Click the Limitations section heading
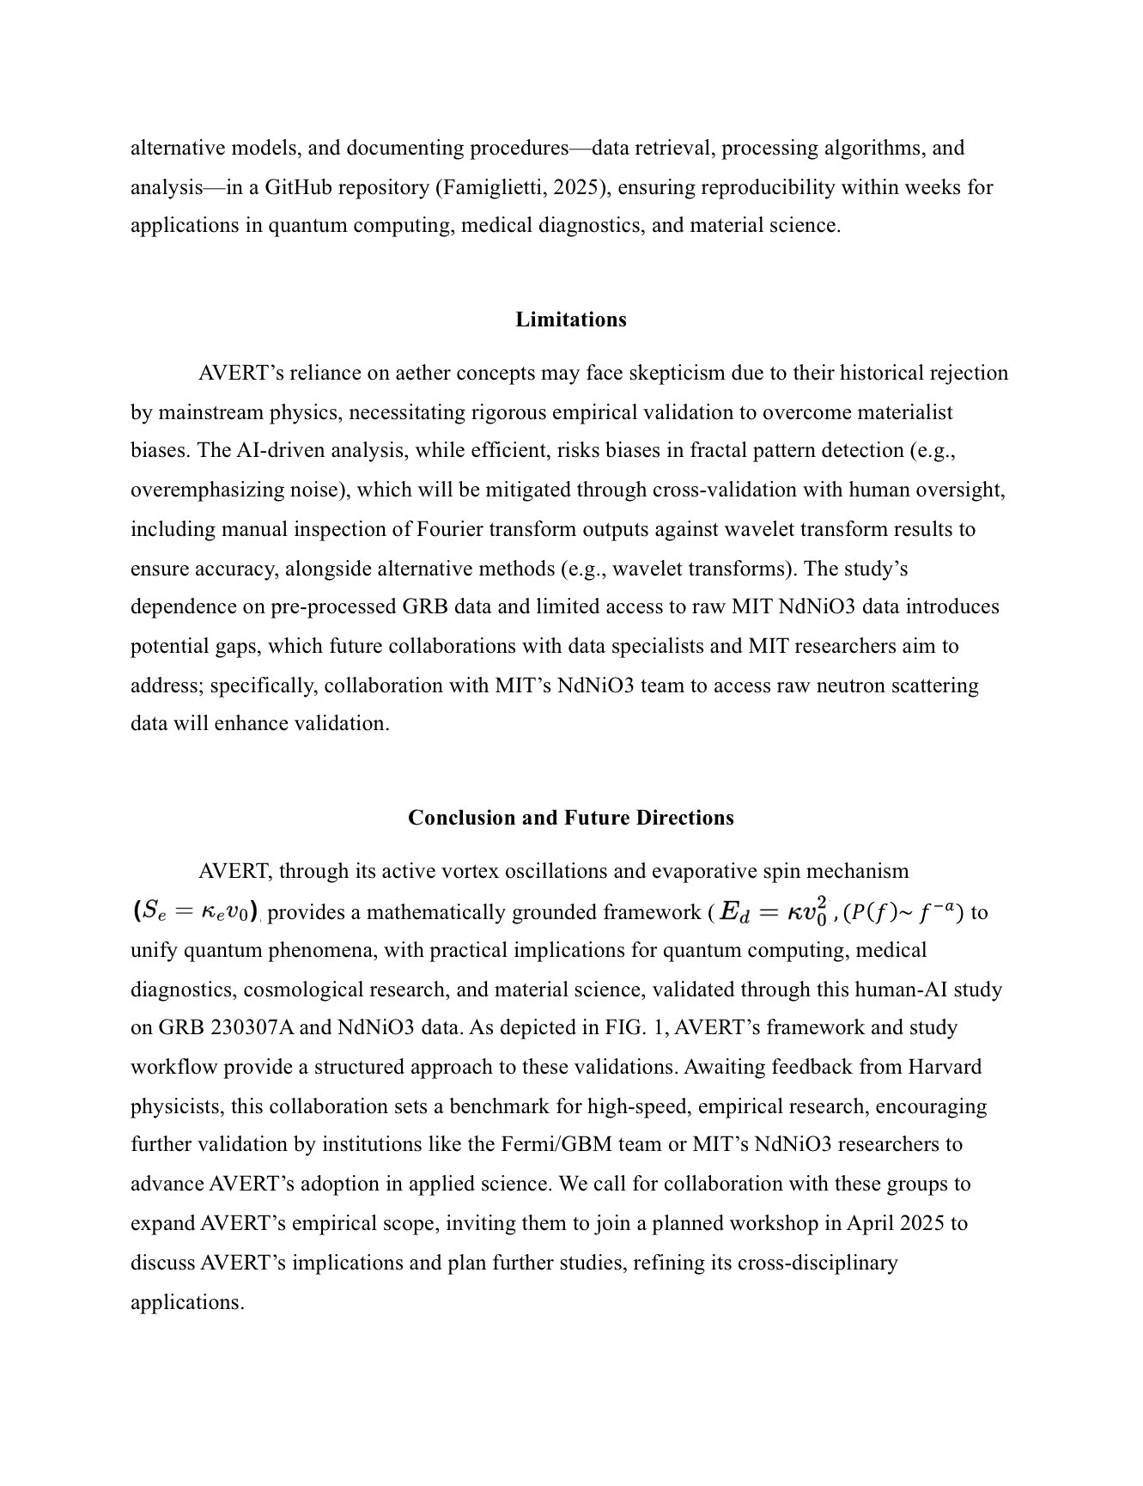(x=570, y=320)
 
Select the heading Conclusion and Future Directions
(x=570, y=817)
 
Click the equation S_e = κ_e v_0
(x=195, y=911)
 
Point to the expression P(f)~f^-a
(x=903, y=912)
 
